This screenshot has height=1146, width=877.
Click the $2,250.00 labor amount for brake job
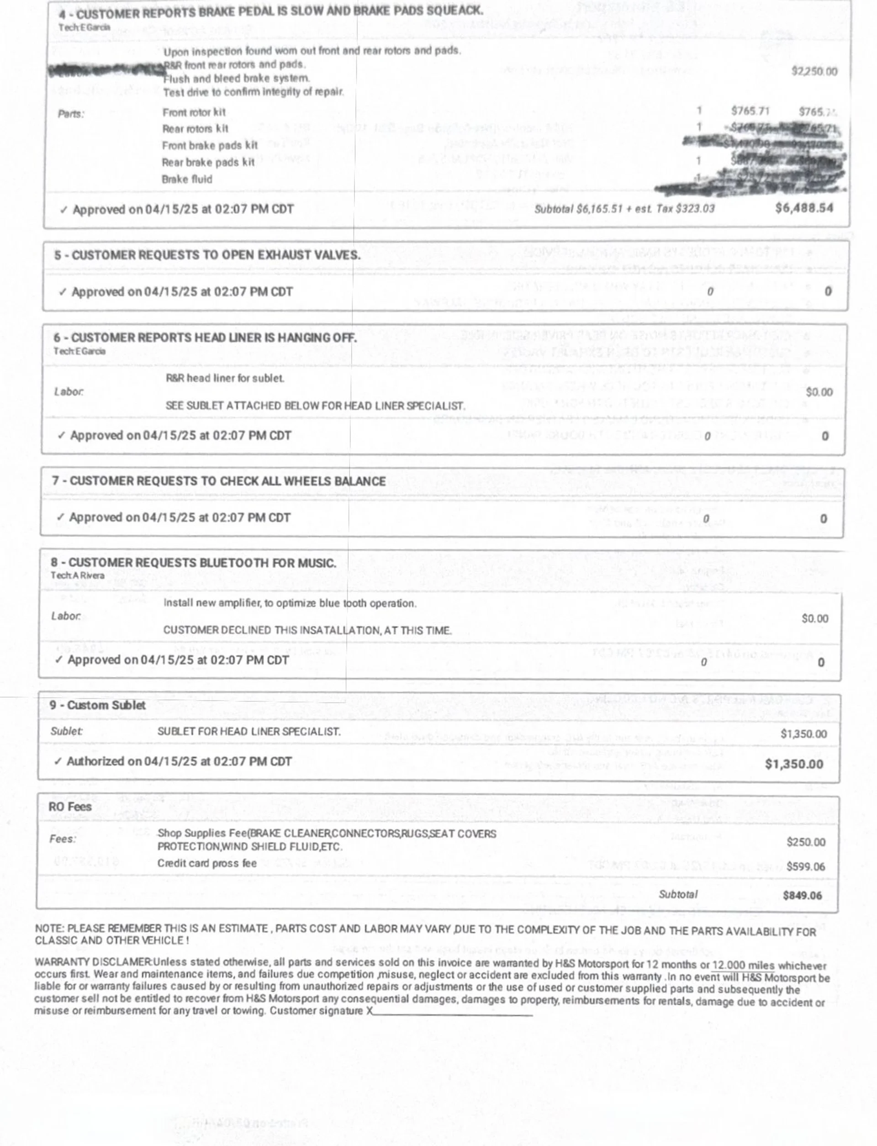coord(814,72)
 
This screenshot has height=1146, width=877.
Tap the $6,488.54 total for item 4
coord(804,208)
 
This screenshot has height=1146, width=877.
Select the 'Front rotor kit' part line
coord(194,112)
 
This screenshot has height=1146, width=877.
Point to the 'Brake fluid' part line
coord(187,179)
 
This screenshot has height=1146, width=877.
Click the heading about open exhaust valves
coord(207,255)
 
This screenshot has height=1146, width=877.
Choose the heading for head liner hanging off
coord(205,338)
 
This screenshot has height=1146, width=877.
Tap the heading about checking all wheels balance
coord(219,481)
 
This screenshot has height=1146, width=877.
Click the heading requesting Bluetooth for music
coord(193,563)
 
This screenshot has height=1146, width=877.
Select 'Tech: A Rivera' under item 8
coord(77,575)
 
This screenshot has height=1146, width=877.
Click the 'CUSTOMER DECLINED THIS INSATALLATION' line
coord(307,630)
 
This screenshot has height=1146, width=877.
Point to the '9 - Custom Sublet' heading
coord(98,705)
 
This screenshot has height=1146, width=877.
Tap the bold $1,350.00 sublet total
coord(793,764)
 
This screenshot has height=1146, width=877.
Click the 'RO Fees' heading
coord(70,807)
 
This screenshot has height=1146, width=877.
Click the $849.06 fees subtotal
coord(802,896)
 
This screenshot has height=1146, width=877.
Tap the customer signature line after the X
coord(453,1011)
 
